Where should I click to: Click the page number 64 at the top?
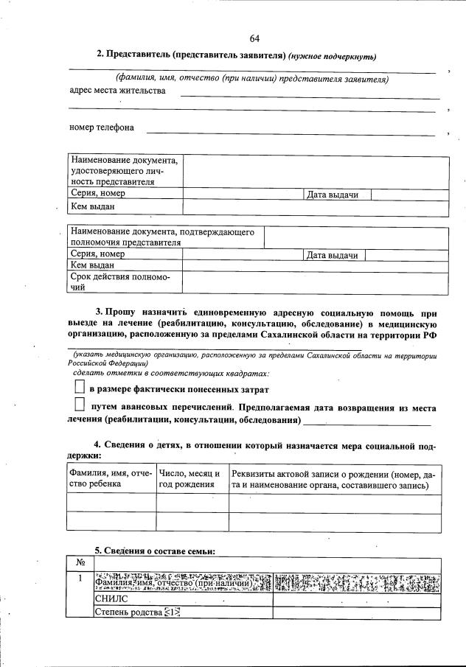point(254,38)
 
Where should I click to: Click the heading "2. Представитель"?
point(191,55)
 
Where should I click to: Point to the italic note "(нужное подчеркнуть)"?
point(333,56)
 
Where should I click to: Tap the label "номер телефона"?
point(102,128)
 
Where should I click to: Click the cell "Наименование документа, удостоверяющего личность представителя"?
point(124,170)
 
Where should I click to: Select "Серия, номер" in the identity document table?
point(98,194)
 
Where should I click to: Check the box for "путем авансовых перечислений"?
point(80,405)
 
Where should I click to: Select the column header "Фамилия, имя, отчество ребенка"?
point(110,480)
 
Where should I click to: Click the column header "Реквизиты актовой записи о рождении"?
point(333,480)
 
